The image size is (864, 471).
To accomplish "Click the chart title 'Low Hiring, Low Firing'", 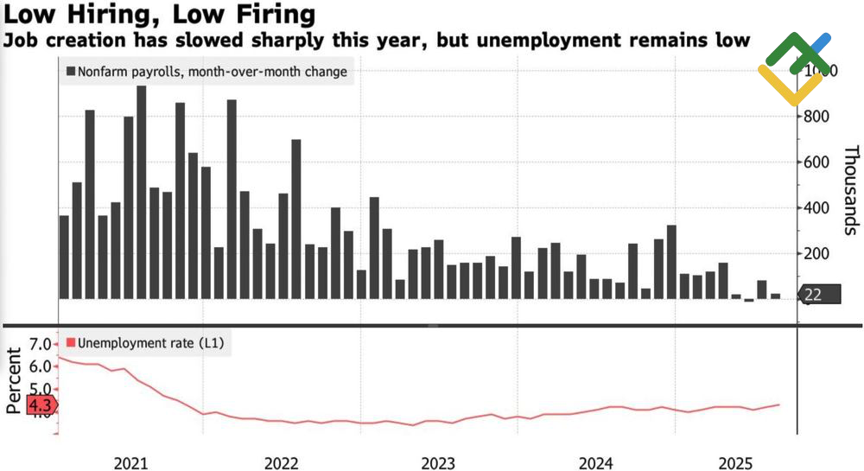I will tap(158, 15).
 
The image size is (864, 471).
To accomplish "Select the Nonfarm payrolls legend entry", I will tap(206, 73).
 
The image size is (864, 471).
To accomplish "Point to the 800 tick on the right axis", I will tap(817, 117).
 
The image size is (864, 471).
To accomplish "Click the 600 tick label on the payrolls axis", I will tap(817, 162).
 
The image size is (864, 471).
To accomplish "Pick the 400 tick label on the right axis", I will tap(817, 208).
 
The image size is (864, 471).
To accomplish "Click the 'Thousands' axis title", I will tap(850, 190).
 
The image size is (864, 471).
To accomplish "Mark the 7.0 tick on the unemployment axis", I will tap(40, 345).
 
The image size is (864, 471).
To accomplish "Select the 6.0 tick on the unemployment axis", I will tap(40, 366).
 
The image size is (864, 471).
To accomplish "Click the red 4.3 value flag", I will tap(41, 404).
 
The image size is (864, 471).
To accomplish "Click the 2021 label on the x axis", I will tap(131, 462).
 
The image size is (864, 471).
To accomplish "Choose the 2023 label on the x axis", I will tap(434, 462).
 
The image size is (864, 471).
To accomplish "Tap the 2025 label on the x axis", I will tap(736, 462).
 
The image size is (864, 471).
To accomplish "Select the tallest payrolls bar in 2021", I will tap(142, 192).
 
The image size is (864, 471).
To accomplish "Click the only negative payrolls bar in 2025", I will tap(749, 300).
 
